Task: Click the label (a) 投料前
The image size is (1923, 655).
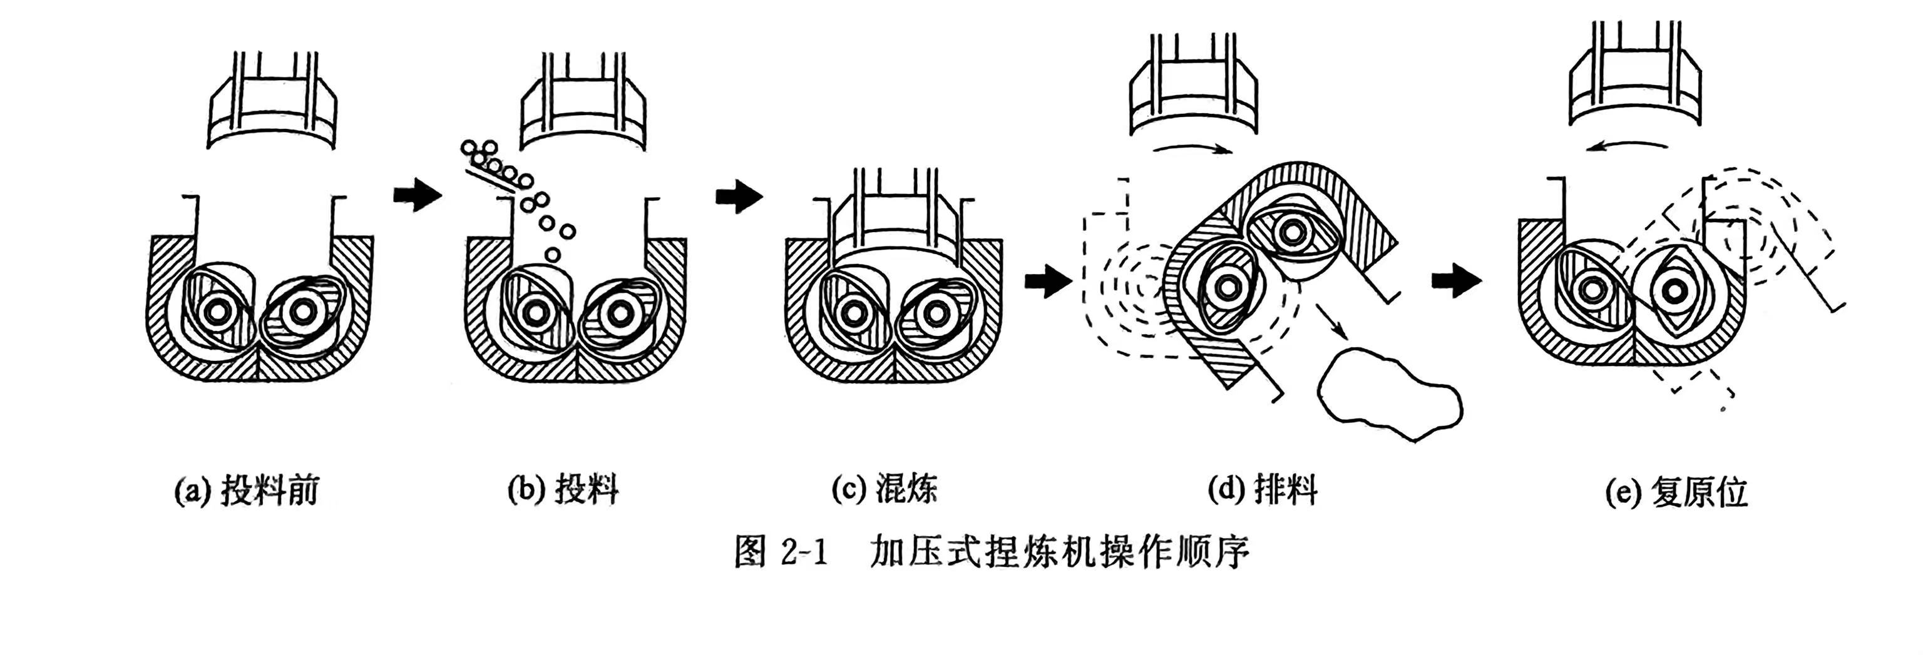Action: point(247,492)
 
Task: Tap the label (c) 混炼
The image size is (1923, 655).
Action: point(884,489)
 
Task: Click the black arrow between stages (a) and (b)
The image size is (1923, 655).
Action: point(418,195)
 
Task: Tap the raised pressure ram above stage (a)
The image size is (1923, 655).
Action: point(271,112)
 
